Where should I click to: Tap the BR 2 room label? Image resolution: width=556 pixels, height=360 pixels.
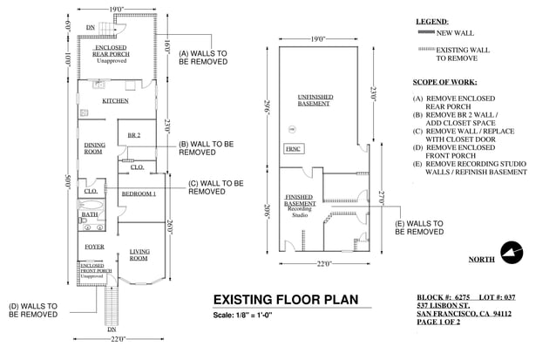(x=133, y=135)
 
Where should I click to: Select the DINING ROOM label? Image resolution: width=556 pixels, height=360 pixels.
(x=94, y=148)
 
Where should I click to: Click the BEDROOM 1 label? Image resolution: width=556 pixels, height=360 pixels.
(x=138, y=193)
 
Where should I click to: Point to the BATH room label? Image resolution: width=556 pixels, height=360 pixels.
(x=90, y=214)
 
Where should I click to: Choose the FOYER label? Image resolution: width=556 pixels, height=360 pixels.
(x=94, y=248)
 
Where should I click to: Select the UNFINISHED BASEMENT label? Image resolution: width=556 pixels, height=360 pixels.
(x=314, y=100)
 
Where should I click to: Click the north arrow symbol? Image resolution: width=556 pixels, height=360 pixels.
(x=510, y=254)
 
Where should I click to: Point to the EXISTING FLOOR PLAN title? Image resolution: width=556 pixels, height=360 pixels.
(x=286, y=300)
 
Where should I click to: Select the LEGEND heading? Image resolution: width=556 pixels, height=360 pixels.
(x=431, y=21)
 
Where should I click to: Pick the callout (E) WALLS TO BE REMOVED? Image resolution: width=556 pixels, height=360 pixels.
(x=419, y=228)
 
